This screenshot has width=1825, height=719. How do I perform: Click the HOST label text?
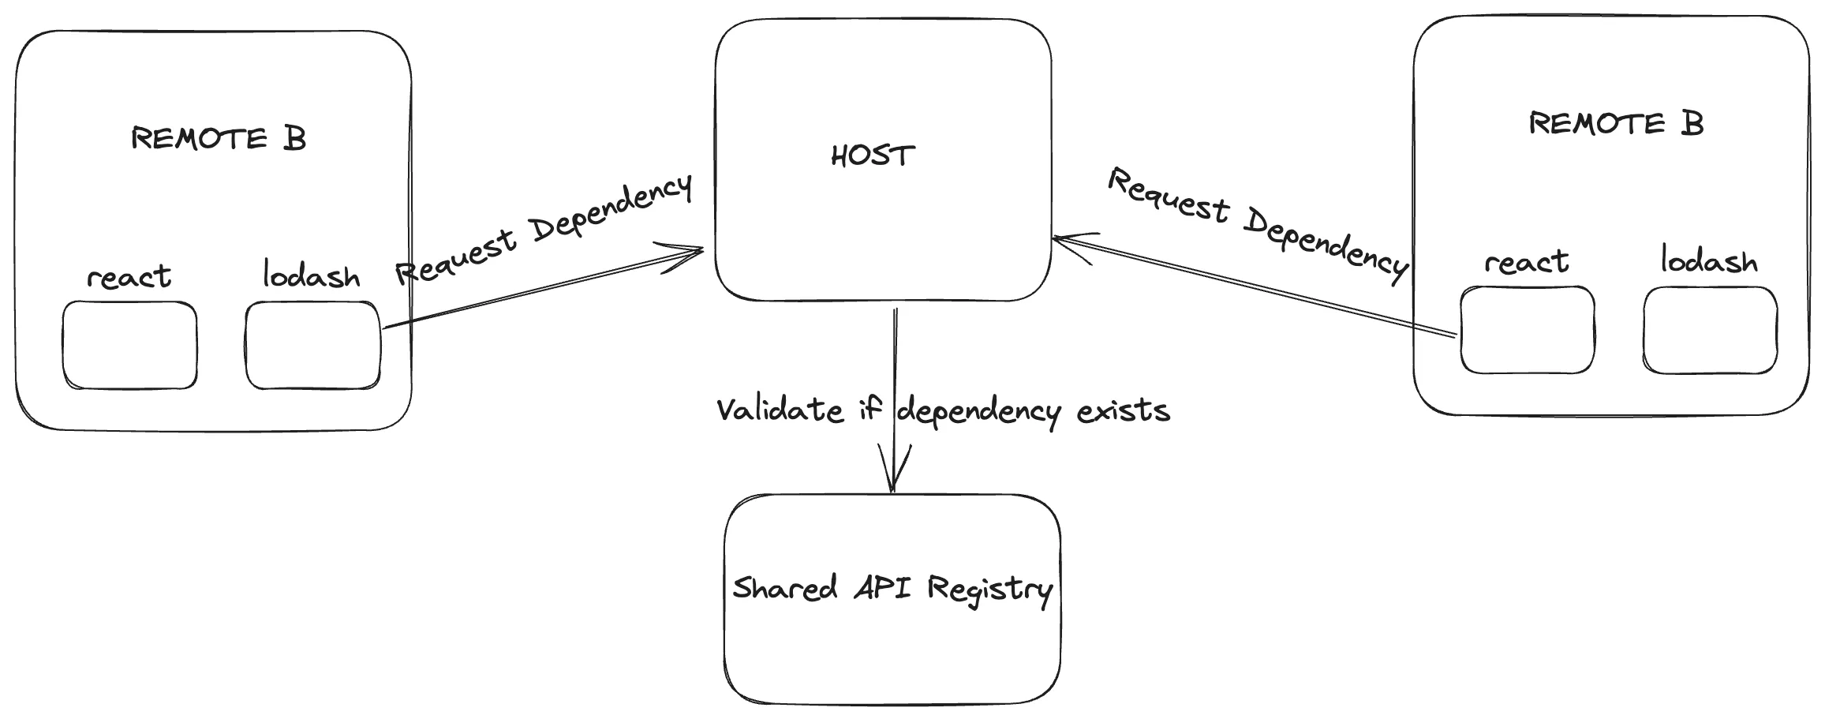[873, 155]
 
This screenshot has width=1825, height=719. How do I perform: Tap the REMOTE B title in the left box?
[219, 139]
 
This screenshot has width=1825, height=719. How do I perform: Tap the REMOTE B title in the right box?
[1616, 124]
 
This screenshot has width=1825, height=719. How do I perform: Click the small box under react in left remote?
[130, 346]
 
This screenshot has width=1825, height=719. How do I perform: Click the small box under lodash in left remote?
[313, 346]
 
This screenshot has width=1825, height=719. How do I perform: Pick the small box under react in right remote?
[1527, 330]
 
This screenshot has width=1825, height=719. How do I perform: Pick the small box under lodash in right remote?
[1710, 330]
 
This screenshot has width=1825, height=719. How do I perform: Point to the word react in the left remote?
[129, 277]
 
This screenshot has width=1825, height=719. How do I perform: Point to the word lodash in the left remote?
[311, 275]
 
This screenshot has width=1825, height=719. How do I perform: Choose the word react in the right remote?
[1526, 262]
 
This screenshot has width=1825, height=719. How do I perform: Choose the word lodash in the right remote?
[1709, 260]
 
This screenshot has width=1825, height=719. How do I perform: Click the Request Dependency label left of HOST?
[544, 229]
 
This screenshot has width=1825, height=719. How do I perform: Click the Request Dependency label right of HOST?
[1258, 224]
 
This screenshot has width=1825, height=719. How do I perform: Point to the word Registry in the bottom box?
[989, 590]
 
